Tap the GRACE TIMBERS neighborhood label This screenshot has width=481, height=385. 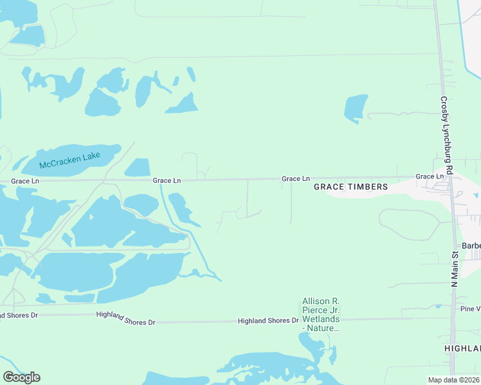pyautogui.click(x=350, y=187)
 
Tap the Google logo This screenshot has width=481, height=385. pyautogui.click(x=21, y=377)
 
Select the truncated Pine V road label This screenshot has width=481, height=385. pyautogui.click(x=469, y=309)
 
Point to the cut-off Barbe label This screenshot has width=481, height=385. pyautogui.click(x=471, y=246)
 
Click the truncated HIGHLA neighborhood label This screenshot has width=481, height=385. pyautogui.click(x=462, y=348)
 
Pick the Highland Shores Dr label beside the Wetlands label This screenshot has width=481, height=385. pyautogui.click(x=268, y=320)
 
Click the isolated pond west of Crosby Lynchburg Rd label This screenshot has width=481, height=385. pyautogui.click(x=356, y=108)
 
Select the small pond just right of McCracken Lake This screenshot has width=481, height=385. pyautogui.click(x=138, y=167)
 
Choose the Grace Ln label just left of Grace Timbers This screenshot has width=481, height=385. pyautogui.click(x=296, y=178)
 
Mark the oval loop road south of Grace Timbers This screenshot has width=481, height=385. pyautogui.click(x=409, y=224)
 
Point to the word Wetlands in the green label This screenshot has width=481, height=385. pyautogui.click(x=322, y=320)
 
